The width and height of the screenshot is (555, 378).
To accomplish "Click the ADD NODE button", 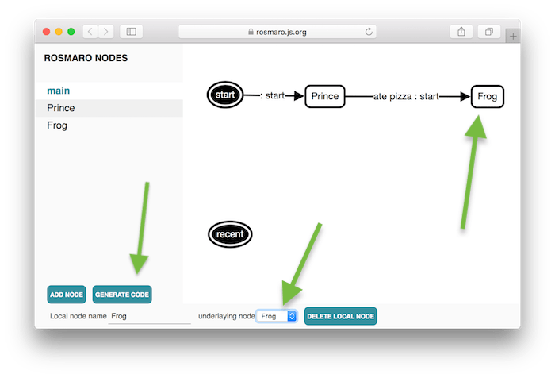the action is click(67, 295).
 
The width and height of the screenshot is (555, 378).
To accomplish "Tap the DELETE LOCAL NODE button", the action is click(340, 316).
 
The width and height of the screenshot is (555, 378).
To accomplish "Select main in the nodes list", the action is click(59, 91).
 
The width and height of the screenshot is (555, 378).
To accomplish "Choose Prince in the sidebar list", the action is click(61, 108).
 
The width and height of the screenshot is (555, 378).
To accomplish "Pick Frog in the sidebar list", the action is click(57, 125).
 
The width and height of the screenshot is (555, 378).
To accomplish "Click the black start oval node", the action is click(225, 94).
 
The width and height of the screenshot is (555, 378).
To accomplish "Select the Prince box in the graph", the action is click(325, 96).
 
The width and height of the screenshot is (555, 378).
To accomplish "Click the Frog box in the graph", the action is click(488, 96).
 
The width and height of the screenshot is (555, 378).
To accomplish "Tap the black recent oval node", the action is click(230, 234).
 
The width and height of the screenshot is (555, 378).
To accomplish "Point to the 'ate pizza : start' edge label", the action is click(406, 96).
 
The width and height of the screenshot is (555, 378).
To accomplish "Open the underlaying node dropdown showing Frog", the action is click(277, 316).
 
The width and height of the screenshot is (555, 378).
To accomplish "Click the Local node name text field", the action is click(149, 316).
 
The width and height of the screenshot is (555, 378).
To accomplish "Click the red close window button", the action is click(46, 32).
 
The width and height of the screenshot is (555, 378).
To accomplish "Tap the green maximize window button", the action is click(71, 32).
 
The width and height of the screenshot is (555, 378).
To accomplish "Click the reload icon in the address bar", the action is click(369, 32).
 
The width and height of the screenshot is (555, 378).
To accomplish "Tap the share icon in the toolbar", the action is click(461, 32).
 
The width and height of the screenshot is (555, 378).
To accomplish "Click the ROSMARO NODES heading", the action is click(86, 58).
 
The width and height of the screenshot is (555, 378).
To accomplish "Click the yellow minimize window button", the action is click(59, 32).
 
